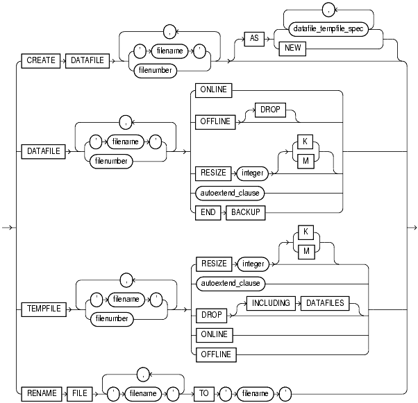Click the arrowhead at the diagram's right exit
tap(413, 227)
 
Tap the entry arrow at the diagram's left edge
tap(6, 227)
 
